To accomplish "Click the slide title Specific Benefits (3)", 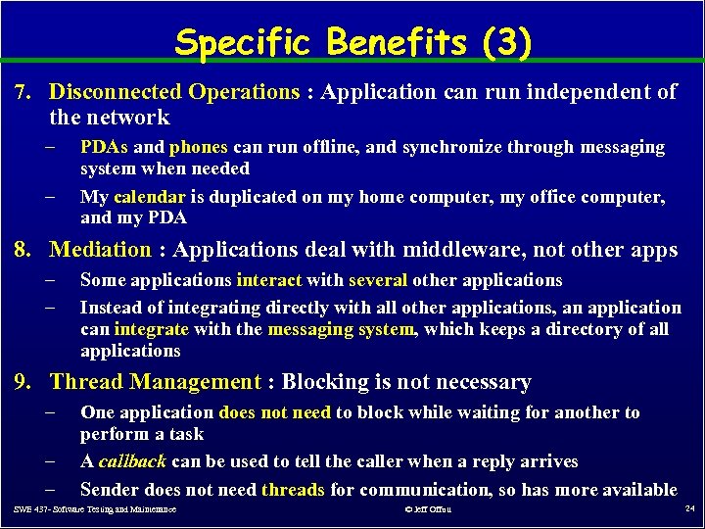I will pyautogui.click(x=353, y=42).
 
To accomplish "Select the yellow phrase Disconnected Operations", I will pyautogui.click(x=174, y=92).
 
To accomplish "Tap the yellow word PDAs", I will pyautogui.click(x=104, y=147).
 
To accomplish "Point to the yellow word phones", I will pyautogui.click(x=199, y=147).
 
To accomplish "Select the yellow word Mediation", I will pyautogui.click(x=101, y=250).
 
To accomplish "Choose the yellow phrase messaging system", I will pyautogui.click(x=341, y=329).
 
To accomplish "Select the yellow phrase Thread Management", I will pyautogui.click(x=156, y=382).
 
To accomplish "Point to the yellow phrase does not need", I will pyautogui.click(x=275, y=412).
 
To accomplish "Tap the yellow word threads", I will pyautogui.click(x=294, y=489).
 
